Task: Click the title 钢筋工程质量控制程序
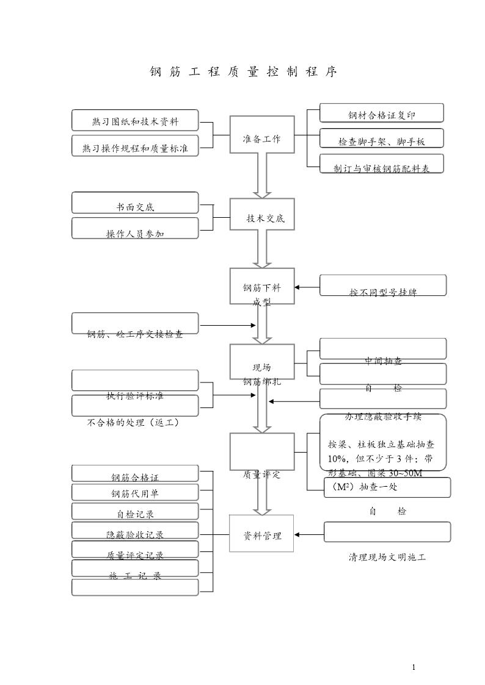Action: (x=244, y=72)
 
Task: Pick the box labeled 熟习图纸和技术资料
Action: (x=135, y=120)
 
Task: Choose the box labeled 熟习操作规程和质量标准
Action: (x=135, y=146)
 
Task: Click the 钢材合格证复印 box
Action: (x=381, y=113)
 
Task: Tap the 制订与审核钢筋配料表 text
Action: (x=381, y=168)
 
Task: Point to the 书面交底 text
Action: (x=135, y=207)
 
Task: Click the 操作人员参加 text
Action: (x=135, y=233)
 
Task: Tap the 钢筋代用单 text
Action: (x=135, y=493)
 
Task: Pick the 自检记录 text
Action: (x=135, y=514)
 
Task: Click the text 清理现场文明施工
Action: (x=387, y=557)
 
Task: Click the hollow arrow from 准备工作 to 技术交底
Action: (x=262, y=175)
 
